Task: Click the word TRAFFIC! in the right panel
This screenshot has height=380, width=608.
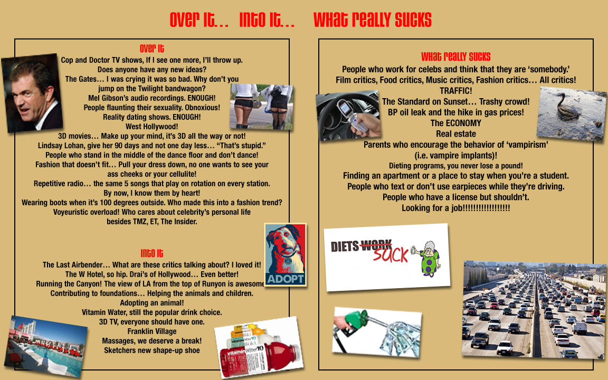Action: click(455, 91)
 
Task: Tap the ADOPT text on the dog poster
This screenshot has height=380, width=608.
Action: click(286, 279)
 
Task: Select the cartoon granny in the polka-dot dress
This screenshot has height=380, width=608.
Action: click(429, 258)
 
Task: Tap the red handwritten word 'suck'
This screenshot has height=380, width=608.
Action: click(391, 255)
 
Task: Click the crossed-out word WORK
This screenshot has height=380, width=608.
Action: click(376, 245)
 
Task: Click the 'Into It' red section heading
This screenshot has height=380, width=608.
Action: click(151, 253)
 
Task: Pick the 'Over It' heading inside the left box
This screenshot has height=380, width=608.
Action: click(151, 49)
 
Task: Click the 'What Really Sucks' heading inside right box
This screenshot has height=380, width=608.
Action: click(455, 56)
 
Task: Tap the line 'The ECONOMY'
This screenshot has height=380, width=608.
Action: click(455, 123)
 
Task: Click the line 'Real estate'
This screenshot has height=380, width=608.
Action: click(455, 134)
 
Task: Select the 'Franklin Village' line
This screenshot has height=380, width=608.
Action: click(152, 331)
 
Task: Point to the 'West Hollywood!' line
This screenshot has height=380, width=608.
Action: click(151, 127)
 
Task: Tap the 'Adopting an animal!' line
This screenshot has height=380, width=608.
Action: click(151, 303)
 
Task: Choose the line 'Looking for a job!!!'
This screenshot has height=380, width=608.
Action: click(455, 208)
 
